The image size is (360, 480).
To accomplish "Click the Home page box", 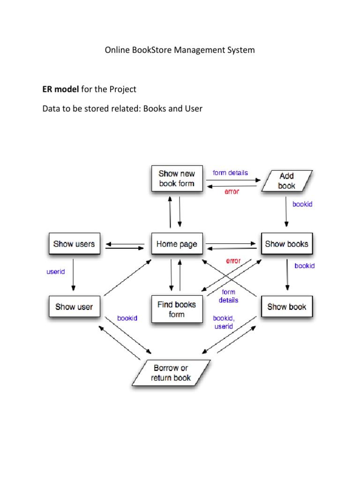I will pos(177,244).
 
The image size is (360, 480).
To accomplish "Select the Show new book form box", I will pos(176,179).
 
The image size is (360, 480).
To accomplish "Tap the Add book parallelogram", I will pos(286,181).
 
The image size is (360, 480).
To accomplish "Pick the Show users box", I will pos(74,244).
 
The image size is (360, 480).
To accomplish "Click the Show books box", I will pos(286,244).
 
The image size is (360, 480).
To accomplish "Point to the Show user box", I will pos(74,307).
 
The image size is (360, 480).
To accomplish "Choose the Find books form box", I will pos(176,309).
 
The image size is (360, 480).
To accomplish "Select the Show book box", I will pos(286,307).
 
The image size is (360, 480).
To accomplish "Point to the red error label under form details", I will pos(232,192).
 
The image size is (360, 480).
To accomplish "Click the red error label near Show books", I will pos(233,261).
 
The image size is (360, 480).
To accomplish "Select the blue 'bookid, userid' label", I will pos(224,322).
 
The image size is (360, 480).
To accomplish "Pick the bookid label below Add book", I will pos(302,204).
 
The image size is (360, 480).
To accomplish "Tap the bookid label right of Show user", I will pos(127,318).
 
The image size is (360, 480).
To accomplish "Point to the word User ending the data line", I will pos(193,109).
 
